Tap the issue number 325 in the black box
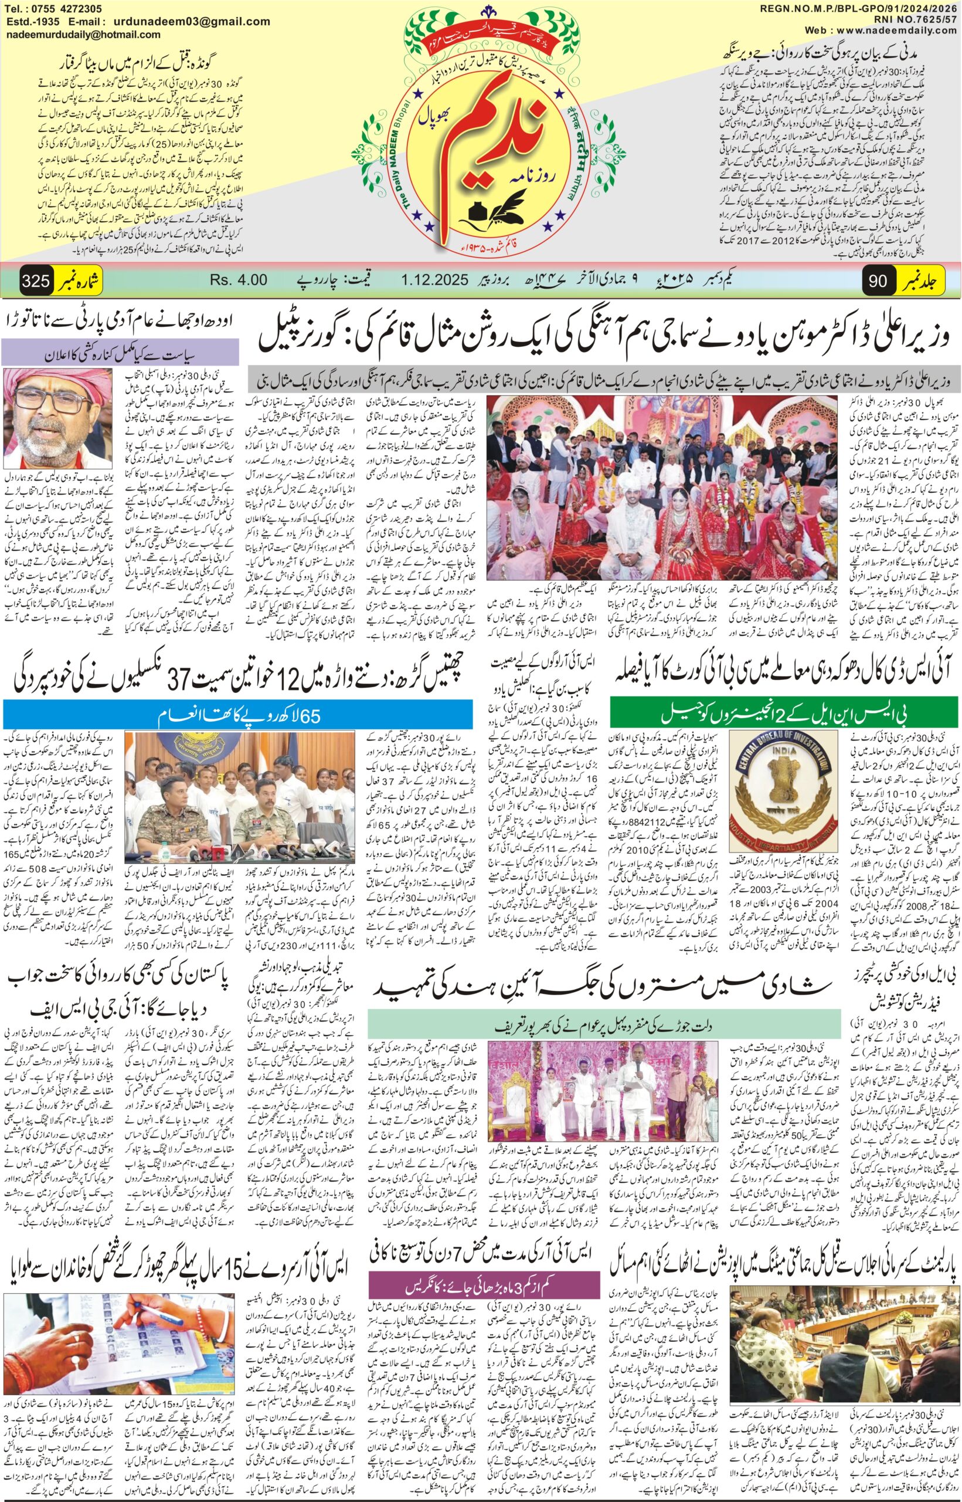pyautogui.click(x=36, y=280)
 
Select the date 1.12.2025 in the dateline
pyautogui.click(x=435, y=280)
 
